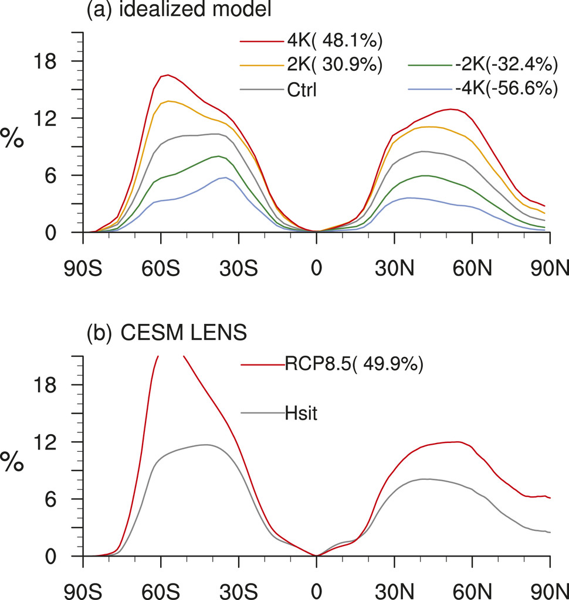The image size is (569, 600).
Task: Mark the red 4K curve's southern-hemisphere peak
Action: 168,75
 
